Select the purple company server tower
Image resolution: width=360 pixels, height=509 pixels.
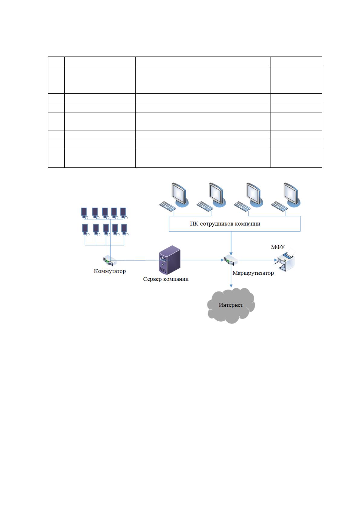click(x=170, y=260)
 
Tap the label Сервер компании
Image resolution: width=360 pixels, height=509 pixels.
click(x=166, y=279)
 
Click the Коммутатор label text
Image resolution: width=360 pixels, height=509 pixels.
click(x=109, y=271)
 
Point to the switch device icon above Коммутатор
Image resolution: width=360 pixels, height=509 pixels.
click(x=110, y=261)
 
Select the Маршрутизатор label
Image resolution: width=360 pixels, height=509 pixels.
click(x=253, y=273)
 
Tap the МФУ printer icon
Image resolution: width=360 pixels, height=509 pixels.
click(x=286, y=261)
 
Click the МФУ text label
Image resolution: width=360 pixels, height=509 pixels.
click(x=278, y=247)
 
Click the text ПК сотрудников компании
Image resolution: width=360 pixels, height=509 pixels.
click(x=225, y=224)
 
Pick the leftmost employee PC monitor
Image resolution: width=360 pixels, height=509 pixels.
click(x=180, y=195)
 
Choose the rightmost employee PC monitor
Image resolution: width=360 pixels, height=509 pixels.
click(x=292, y=195)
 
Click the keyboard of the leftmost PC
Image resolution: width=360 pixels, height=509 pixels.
click(x=167, y=206)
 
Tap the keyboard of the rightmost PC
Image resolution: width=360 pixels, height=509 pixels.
click(x=279, y=206)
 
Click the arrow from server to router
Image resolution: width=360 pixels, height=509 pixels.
click(x=202, y=260)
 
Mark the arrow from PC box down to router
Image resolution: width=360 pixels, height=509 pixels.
click(x=231, y=243)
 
